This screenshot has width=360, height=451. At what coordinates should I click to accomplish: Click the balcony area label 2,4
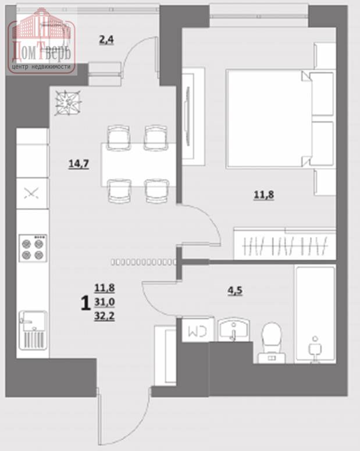(106, 40)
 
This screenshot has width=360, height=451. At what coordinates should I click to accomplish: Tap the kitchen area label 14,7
(79, 164)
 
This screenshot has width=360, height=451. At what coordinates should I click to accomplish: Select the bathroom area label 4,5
(235, 291)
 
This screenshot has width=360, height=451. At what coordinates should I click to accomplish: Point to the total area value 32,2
(105, 316)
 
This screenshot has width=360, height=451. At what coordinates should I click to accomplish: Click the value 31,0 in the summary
(105, 302)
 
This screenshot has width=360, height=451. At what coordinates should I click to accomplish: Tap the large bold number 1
(85, 303)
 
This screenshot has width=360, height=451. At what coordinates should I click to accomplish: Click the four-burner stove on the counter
(33, 248)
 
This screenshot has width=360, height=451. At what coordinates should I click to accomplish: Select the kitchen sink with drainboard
(33, 330)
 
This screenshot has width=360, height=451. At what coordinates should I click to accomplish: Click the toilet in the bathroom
(272, 342)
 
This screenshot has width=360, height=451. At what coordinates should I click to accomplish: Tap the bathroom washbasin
(234, 330)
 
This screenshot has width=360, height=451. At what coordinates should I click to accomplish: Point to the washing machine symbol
(198, 330)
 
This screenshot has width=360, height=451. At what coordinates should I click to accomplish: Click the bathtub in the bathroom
(315, 314)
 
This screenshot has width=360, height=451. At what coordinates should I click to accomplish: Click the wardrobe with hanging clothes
(284, 244)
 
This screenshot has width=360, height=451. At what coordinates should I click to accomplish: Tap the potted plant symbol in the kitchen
(68, 103)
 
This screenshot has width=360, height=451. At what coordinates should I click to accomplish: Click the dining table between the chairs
(138, 164)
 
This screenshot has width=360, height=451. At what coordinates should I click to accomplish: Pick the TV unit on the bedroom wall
(193, 116)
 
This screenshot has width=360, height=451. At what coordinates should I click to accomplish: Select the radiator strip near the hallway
(143, 262)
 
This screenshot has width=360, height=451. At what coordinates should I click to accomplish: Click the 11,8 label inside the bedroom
(264, 195)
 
